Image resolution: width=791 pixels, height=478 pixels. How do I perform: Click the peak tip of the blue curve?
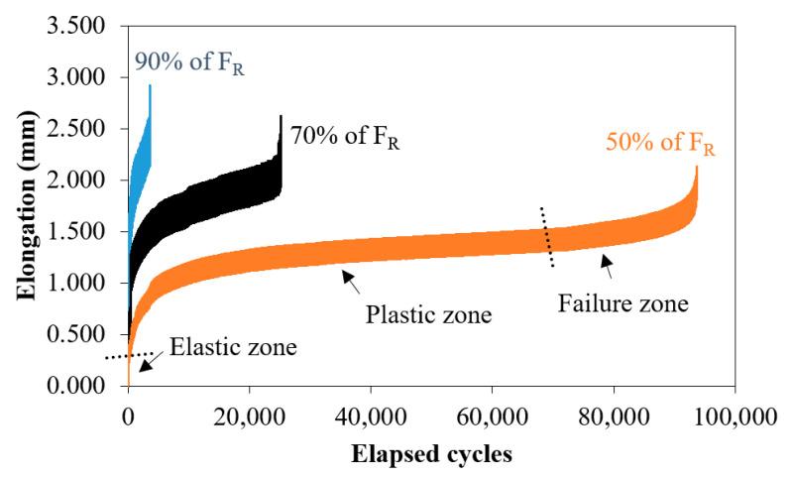point(150,86)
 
